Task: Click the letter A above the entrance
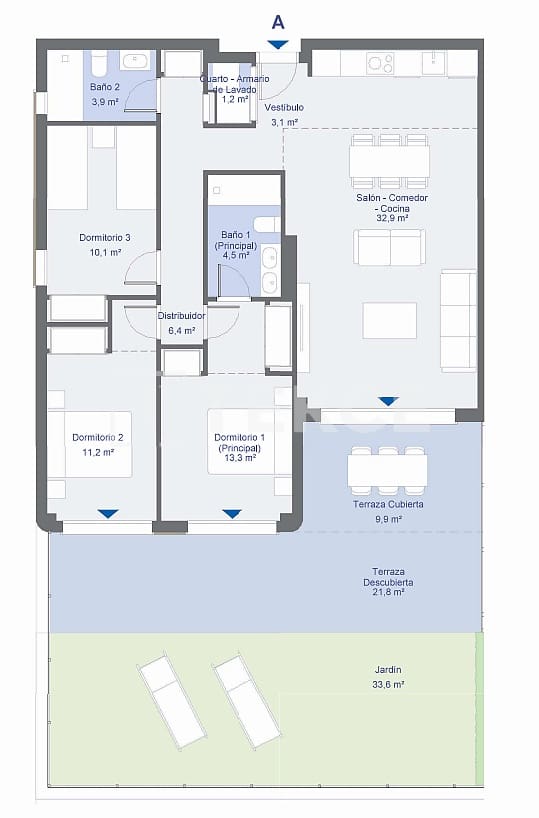[x=278, y=20]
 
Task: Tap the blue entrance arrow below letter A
[x=278, y=44]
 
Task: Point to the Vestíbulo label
[x=284, y=107]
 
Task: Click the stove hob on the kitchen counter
[x=379, y=63]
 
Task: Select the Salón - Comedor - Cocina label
[x=389, y=204]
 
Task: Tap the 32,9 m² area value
[x=389, y=217]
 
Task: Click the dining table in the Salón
[x=389, y=161]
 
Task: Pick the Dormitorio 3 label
[x=105, y=237]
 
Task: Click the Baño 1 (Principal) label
[x=239, y=240]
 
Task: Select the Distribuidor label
[x=181, y=315]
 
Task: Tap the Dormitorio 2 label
[x=98, y=437]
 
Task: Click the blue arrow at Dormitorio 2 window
[x=108, y=514]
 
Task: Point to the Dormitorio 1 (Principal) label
[x=240, y=443]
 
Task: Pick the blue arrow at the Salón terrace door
[x=388, y=401]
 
